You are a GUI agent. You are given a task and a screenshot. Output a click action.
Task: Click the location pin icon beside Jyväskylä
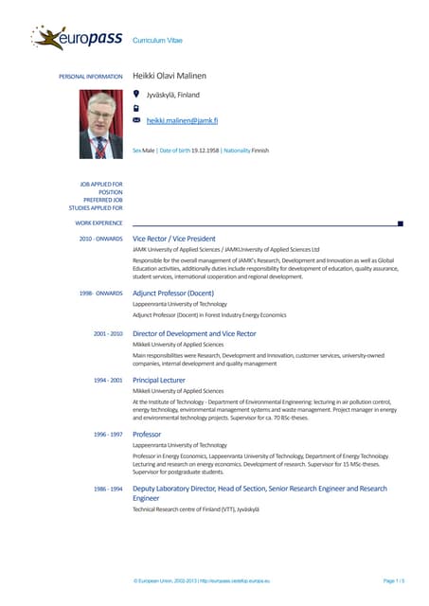click(137, 94)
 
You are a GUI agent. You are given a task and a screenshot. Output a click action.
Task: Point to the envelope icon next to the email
click(137, 121)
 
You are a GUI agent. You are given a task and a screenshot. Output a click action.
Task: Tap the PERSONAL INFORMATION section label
click(91, 76)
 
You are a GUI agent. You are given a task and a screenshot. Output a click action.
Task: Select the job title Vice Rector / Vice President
click(188, 239)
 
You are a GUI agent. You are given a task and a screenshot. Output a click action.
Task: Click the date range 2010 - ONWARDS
click(100, 239)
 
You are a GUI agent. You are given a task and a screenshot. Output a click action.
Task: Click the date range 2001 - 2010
click(108, 334)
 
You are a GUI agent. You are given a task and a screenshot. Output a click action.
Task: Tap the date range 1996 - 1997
click(108, 434)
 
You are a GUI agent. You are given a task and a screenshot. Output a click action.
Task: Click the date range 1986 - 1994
click(108, 489)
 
